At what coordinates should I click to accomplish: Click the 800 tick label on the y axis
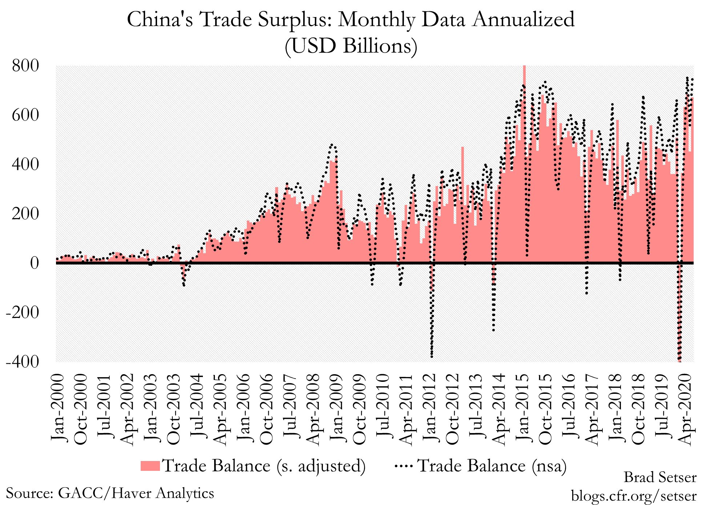[x=25, y=66]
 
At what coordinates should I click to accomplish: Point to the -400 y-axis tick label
[x=22, y=362]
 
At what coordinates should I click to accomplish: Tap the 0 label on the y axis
[x=34, y=263]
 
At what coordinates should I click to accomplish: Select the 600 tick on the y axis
[x=25, y=116]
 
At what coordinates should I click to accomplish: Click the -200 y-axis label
[x=22, y=312]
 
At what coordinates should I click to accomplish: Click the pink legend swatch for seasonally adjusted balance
[x=150, y=466]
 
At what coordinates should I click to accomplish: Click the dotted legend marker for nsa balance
[x=404, y=465]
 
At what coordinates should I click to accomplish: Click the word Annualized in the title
[x=524, y=20]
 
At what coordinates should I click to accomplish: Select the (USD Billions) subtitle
[x=351, y=46]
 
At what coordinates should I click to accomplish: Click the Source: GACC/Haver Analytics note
[x=110, y=493]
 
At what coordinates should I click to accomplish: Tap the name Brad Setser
[x=660, y=477]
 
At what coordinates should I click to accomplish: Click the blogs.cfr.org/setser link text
[x=634, y=495]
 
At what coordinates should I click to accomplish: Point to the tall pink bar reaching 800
[x=524, y=109]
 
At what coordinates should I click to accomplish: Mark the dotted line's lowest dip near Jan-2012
[x=432, y=356]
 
